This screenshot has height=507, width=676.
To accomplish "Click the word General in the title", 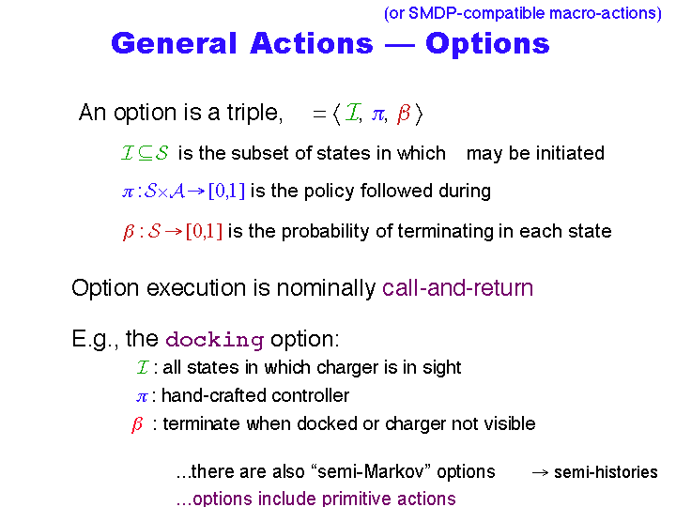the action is pyautogui.click(x=175, y=43).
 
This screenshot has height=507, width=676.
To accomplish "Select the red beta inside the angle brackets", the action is pyautogui.click(x=404, y=114).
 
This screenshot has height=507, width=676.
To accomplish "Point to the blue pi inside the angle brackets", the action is pyautogui.click(x=378, y=115).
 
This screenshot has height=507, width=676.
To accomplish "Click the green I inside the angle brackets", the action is pyautogui.click(x=352, y=113).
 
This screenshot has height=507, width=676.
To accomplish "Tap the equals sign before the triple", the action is pyautogui.click(x=319, y=115).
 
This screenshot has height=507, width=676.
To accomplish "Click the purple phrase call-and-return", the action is pyautogui.click(x=457, y=287).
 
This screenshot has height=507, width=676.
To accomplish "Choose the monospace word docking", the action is pyautogui.click(x=215, y=339).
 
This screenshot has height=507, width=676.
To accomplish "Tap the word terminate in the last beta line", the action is pyautogui.click(x=201, y=423).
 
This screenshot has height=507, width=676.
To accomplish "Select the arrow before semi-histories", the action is pyautogui.click(x=540, y=473).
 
